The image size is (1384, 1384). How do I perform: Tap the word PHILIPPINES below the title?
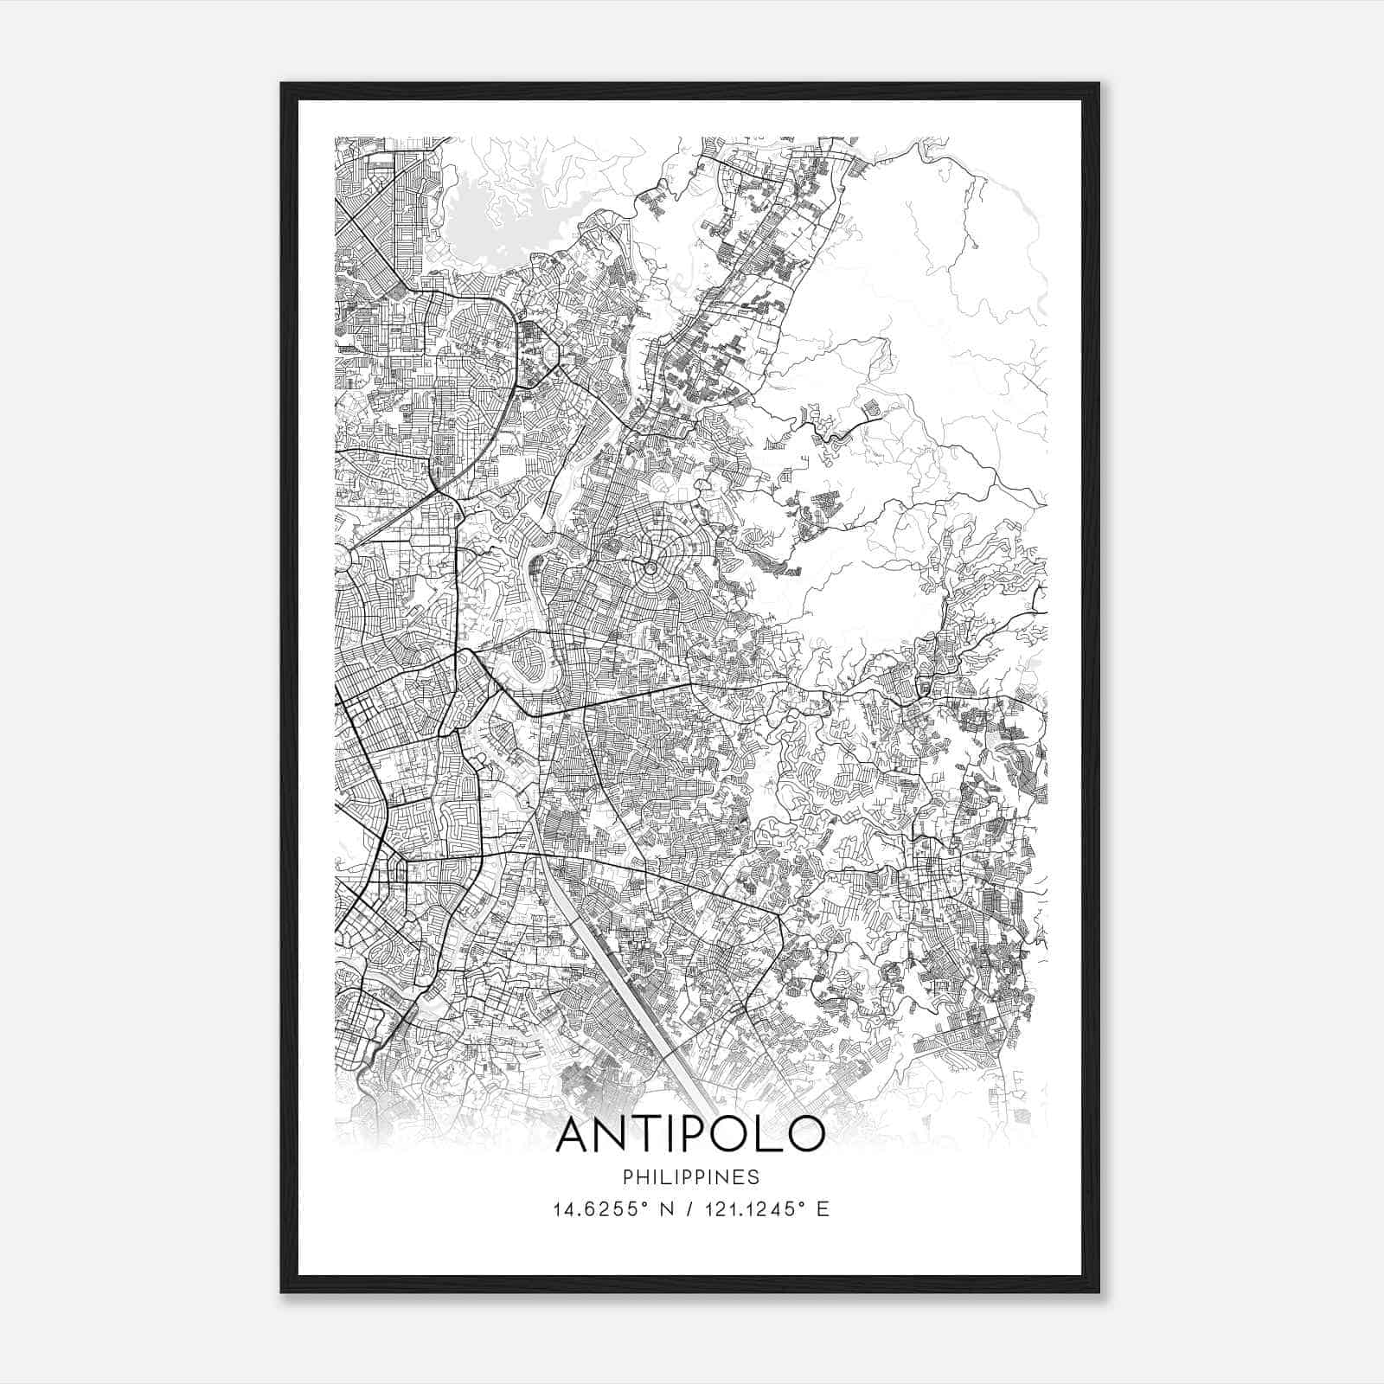[690, 1177]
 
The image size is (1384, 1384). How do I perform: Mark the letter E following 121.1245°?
[823, 1209]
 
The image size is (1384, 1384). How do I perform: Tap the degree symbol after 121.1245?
[808, 1204]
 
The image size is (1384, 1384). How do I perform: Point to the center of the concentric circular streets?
[650, 568]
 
